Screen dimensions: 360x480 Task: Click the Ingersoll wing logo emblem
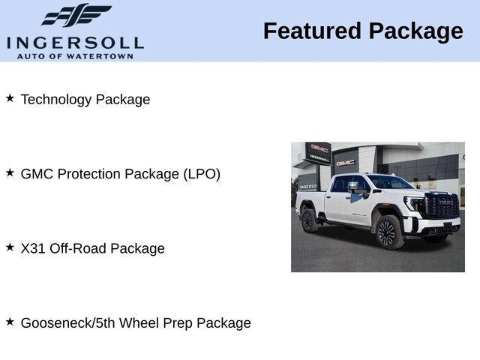pos(76,16)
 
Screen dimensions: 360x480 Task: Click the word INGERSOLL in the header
pos(75,42)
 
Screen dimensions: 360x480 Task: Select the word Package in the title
pos(415,31)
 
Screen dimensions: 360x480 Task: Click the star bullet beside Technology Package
pos(10,98)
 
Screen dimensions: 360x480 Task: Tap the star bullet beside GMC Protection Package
pos(10,172)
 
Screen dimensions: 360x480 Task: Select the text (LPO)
pos(201,174)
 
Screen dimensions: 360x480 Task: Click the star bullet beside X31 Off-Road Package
pos(10,247)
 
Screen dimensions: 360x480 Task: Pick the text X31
pos(33,248)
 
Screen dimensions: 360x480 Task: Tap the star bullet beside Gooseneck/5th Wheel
pos(10,321)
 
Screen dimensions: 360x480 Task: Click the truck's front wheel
pos(387,232)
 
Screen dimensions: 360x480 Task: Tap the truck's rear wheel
pos(307,220)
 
